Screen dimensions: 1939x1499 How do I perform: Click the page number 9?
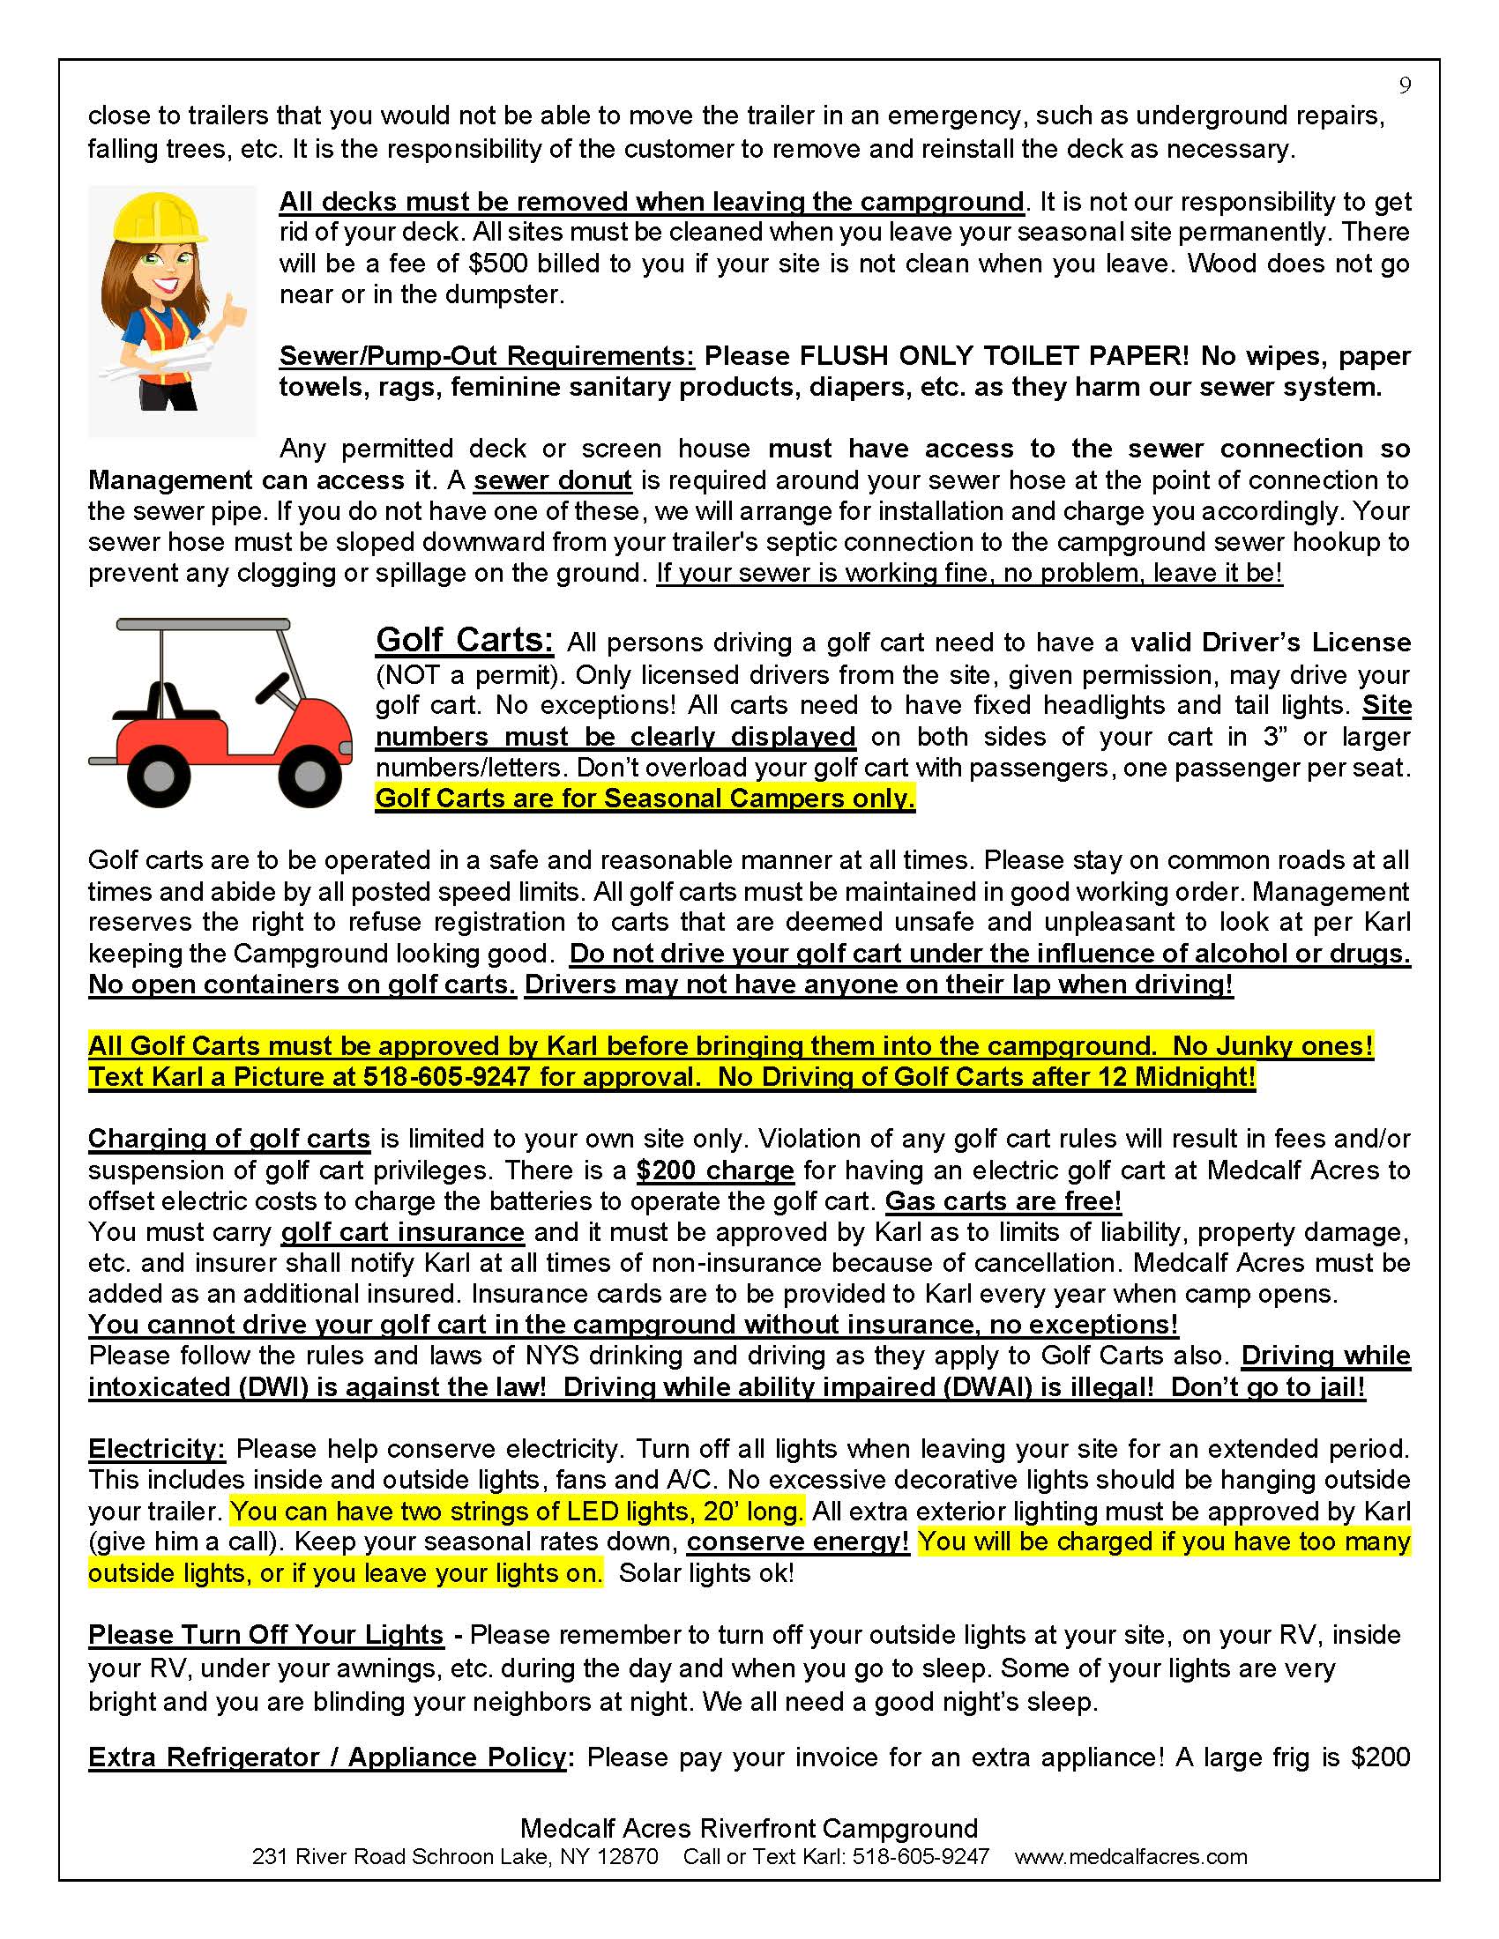(1405, 85)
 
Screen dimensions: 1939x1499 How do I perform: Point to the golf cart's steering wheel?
(272, 687)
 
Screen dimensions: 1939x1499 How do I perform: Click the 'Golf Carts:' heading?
(465, 640)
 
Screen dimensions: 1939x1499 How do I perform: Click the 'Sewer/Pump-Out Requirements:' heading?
(487, 356)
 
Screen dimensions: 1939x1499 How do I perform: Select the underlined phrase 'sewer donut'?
(552, 480)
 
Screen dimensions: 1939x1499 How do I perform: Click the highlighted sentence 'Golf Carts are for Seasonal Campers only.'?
(645, 799)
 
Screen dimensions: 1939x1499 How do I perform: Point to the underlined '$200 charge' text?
(715, 1170)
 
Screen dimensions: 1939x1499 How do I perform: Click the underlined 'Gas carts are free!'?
(1003, 1201)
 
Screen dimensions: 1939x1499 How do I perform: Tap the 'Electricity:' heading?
(157, 1449)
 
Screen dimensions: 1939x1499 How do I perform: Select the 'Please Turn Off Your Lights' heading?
(265, 1634)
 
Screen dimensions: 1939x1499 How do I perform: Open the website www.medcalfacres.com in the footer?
(1130, 1856)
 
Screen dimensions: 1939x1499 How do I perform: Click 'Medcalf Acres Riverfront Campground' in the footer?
(749, 1828)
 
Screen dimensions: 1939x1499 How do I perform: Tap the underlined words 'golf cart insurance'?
(402, 1232)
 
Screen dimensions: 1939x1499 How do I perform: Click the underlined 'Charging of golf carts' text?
(229, 1139)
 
